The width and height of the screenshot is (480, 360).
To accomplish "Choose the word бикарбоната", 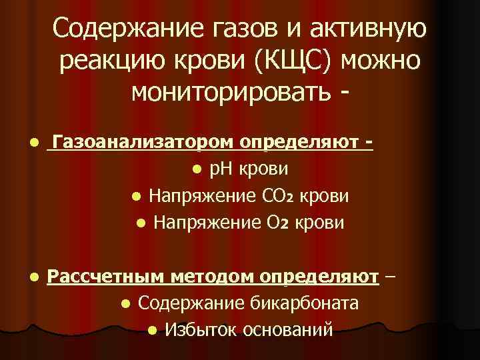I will [307, 303].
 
